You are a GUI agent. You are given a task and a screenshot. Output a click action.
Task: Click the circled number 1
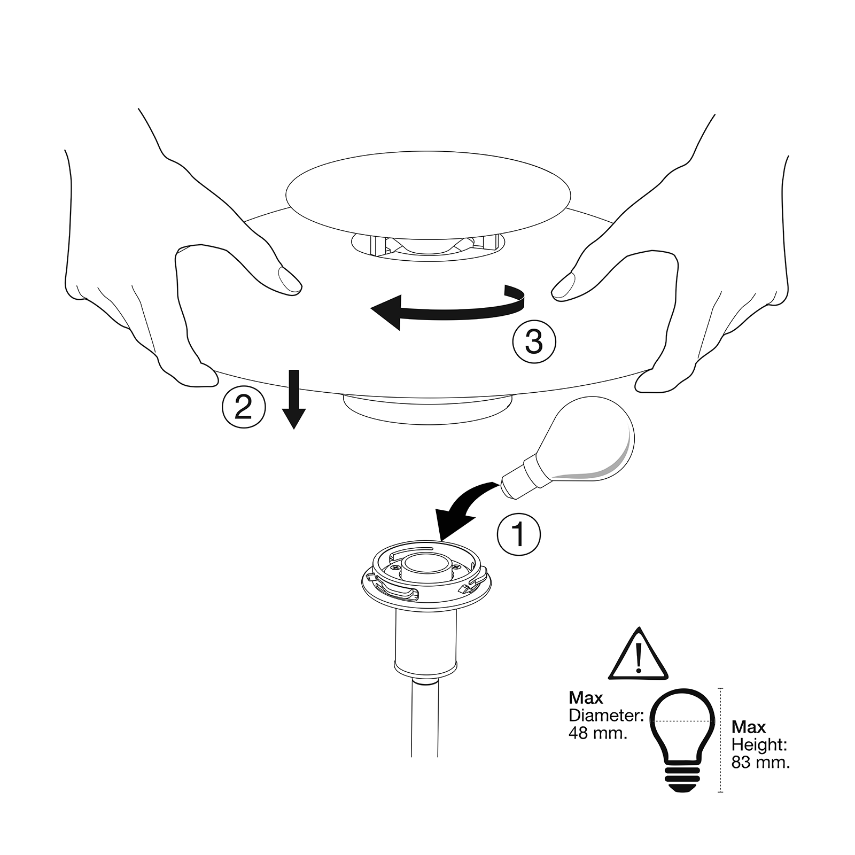pyautogui.click(x=518, y=534)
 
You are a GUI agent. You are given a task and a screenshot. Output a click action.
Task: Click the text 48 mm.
pyautogui.click(x=597, y=733)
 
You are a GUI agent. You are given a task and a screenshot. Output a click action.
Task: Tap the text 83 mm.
pyautogui.click(x=760, y=762)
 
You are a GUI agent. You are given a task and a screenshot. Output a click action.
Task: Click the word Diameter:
pyautogui.click(x=606, y=715)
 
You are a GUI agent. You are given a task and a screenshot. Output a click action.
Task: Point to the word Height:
pyautogui.click(x=759, y=744)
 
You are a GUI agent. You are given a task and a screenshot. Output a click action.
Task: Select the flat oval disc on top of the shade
pyautogui.click(x=429, y=193)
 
